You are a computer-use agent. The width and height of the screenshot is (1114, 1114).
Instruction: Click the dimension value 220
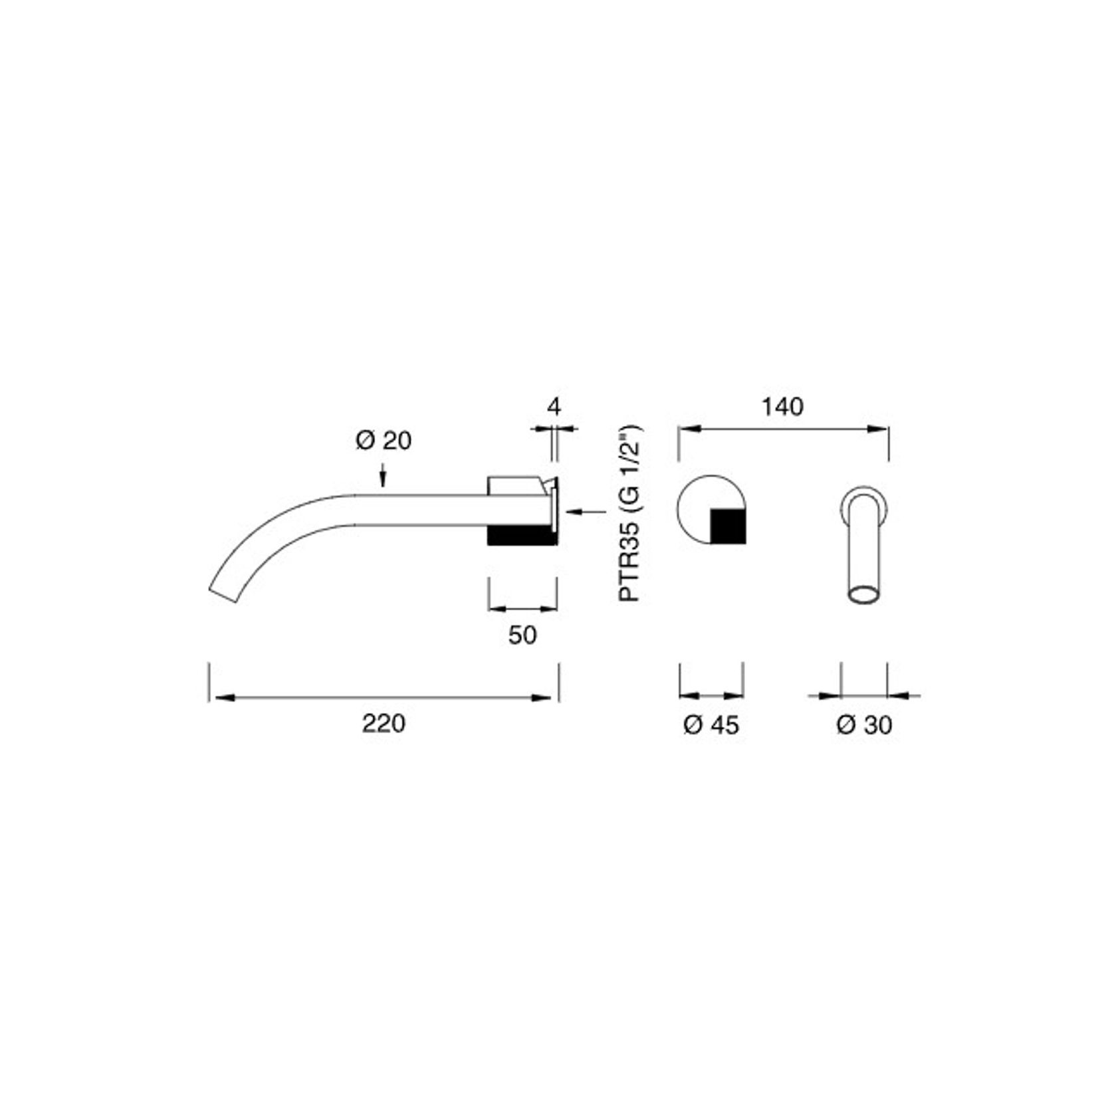383,723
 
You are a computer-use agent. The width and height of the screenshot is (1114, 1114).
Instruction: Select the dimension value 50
522,635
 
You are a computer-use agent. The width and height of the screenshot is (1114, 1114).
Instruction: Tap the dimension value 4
554,405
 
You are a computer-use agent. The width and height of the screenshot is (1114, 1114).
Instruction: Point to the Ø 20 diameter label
384,440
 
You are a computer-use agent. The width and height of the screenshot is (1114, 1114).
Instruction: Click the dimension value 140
782,406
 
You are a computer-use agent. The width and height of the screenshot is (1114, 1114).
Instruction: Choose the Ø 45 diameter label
711,725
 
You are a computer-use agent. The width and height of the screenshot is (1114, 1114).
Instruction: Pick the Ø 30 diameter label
864,725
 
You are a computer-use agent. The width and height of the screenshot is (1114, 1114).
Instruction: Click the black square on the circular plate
728,526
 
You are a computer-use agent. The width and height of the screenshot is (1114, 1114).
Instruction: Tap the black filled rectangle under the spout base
521,536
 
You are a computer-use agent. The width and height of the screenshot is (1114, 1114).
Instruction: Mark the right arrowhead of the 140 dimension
879,430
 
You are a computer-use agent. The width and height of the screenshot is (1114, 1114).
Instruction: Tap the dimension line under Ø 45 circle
711,695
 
